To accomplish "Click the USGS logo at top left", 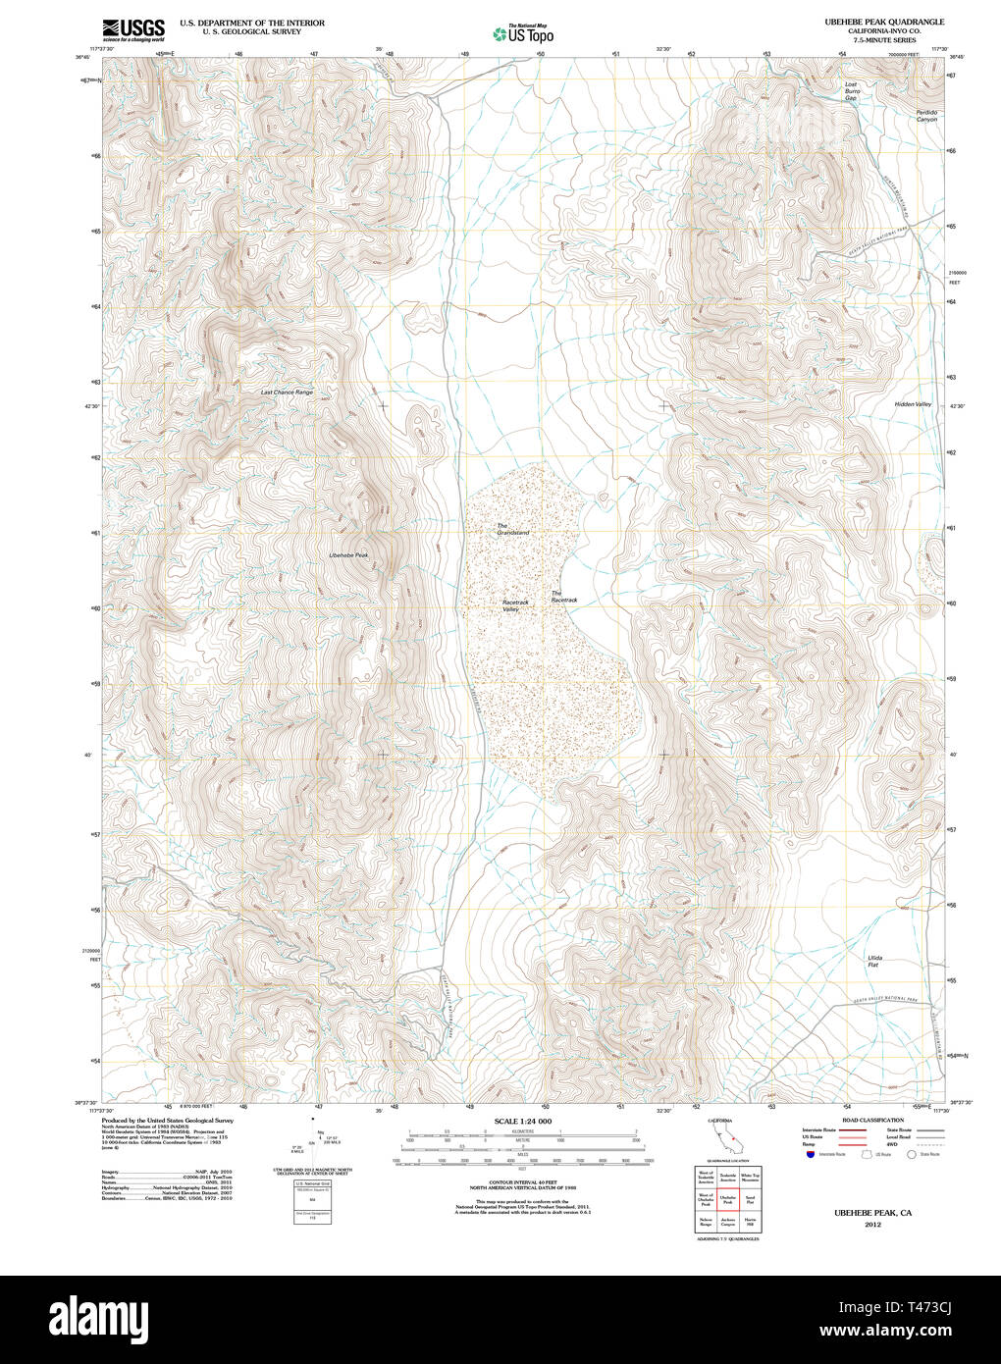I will (x=133, y=29).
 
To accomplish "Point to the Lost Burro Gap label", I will (x=851, y=91).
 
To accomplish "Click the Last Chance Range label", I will (x=287, y=393).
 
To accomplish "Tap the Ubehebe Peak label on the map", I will (x=348, y=555).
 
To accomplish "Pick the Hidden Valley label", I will (x=913, y=404).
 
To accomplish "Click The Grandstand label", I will (x=512, y=530).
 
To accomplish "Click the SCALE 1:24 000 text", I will (x=523, y=1121).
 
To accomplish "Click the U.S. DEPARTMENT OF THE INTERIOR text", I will (x=252, y=22).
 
